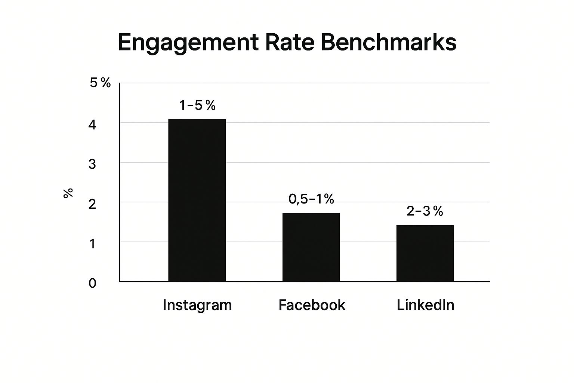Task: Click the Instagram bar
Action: (x=197, y=200)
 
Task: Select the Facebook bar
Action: (x=311, y=247)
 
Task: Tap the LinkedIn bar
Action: (x=425, y=253)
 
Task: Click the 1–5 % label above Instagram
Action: (x=197, y=106)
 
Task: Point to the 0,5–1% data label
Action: (x=311, y=199)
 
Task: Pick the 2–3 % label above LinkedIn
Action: (x=425, y=212)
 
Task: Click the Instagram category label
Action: (x=197, y=305)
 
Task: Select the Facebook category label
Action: (x=312, y=305)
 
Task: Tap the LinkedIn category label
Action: (x=425, y=305)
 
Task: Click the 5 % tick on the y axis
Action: (x=100, y=83)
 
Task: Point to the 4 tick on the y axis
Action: (x=92, y=125)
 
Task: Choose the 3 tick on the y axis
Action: (x=92, y=164)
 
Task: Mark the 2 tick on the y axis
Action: (x=92, y=204)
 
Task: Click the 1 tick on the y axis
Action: (x=92, y=244)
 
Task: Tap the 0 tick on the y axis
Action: (x=92, y=284)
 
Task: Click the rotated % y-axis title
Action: (x=68, y=193)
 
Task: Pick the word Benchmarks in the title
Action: (x=388, y=43)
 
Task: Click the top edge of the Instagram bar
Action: (x=197, y=119)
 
